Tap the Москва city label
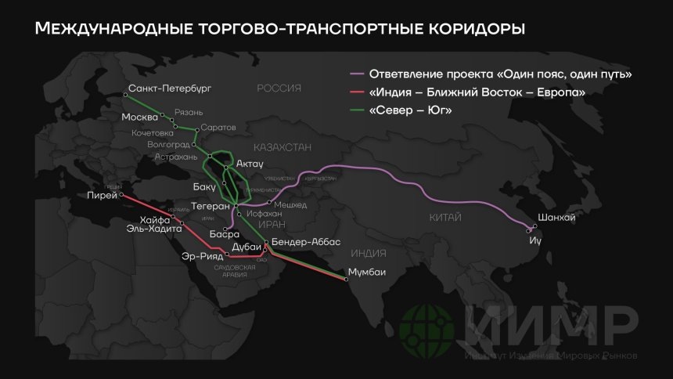click(141, 117)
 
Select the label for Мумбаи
click(368, 273)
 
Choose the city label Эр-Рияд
click(202, 256)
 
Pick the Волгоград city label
click(168, 145)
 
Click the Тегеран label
click(210, 206)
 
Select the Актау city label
click(249, 164)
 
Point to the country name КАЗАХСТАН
click(283, 146)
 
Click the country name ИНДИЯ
click(369, 253)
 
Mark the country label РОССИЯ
click(279, 88)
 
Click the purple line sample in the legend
click(358, 74)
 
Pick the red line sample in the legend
click(358, 93)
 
